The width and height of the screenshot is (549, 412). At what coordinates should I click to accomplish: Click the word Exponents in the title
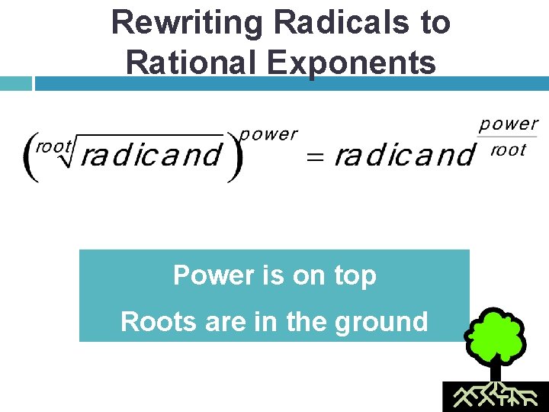354,62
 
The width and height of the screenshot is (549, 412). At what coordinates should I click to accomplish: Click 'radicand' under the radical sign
150,156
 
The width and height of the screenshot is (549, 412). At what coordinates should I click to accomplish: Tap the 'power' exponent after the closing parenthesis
268,135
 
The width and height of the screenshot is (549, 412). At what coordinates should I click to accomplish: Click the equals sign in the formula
315,157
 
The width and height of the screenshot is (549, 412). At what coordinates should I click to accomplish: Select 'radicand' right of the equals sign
403,156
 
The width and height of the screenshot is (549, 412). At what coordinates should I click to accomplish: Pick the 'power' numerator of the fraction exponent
509,124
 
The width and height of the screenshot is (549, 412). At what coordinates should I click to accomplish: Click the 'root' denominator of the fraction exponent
509,150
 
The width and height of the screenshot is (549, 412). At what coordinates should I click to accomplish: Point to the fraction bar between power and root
509,137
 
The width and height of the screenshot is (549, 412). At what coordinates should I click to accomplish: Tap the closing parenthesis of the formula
234,156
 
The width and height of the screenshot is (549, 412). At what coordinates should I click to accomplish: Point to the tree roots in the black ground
495,396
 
